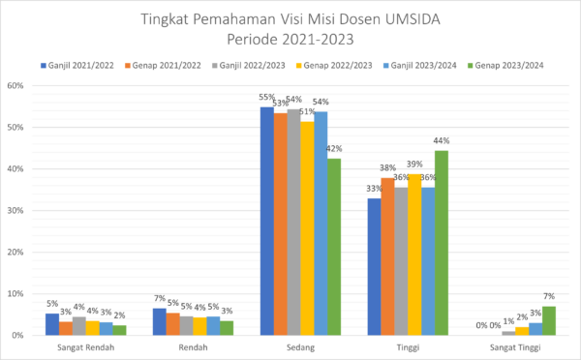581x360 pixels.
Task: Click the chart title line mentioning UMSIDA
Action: [x=290, y=18]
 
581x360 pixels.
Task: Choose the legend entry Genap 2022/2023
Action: [x=334, y=65]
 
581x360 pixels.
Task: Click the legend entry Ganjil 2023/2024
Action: [x=419, y=65]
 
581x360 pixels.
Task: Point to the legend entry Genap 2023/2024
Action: [x=504, y=65]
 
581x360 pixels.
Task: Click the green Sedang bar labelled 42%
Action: [x=334, y=247]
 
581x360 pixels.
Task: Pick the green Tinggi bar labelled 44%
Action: [x=442, y=242]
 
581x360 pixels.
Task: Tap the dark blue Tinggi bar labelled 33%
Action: [x=374, y=266]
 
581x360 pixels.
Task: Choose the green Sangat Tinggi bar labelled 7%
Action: [x=549, y=320]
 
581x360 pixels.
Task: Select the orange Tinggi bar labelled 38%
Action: [x=387, y=255]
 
